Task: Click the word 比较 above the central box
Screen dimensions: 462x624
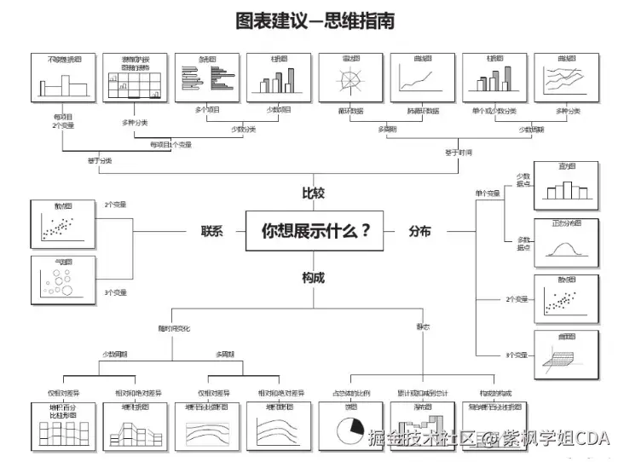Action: (x=313, y=193)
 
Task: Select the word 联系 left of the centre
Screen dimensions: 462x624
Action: (x=211, y=231)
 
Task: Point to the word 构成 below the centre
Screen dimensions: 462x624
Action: (x=313, y=277)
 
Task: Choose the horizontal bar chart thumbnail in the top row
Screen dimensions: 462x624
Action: (x=206, y=81)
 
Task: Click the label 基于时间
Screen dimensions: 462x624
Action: (x=458, y=153)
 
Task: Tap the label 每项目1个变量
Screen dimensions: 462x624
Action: (x=169, y=144)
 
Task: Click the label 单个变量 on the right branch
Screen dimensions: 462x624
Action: (x=488, y=194)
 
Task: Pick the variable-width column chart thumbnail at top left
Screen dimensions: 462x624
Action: (x=63, y=81)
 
